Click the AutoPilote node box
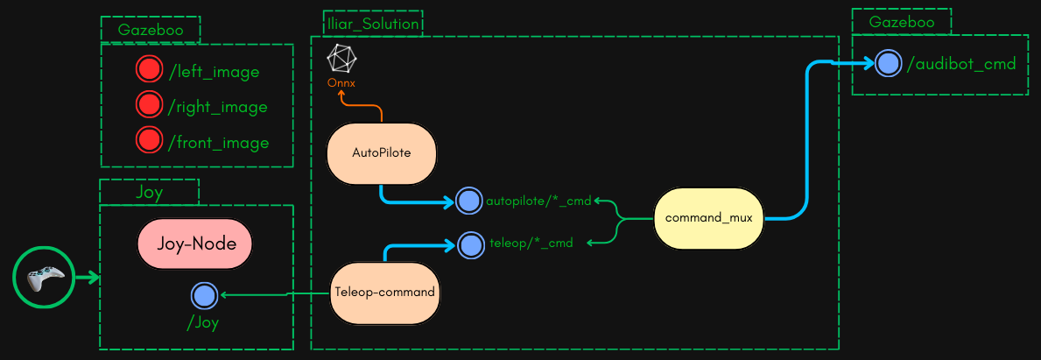[381, 152]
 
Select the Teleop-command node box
[384, 292]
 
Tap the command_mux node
[709, 216]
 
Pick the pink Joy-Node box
[195, 243]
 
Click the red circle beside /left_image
[150, 70]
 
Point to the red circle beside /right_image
[150, 105]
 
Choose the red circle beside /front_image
[150, 140]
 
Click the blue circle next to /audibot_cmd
[888, 63]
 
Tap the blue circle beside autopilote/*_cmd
[469, 201]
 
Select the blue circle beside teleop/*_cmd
[471, 244]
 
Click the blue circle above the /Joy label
[204, 295]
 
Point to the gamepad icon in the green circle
[44, 279]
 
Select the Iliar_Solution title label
[372, 24]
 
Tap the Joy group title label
[149, 192]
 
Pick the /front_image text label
[218, 142]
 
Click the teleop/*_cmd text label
[530, 244]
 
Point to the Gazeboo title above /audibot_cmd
[902, 22]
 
